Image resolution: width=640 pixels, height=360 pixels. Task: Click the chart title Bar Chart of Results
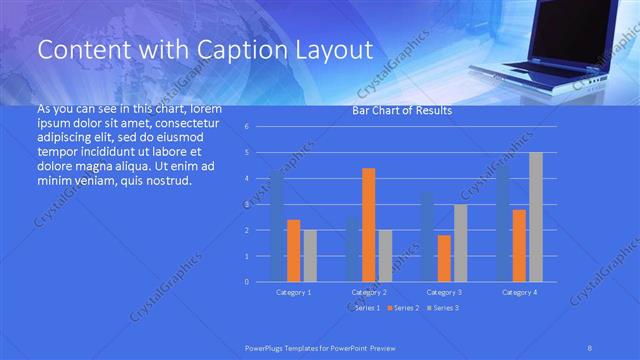pos(402,111)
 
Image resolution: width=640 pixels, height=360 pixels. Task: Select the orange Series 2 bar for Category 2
pos(368,224)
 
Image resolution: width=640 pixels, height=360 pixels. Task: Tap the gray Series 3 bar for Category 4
pos(536,216)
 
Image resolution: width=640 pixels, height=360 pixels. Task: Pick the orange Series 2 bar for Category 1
pos(293,250)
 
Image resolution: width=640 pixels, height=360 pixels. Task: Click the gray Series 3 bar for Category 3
pos(460,242)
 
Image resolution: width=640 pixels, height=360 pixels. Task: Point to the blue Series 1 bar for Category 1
pos(276,226)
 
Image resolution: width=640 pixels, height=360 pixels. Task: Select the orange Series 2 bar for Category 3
pos(443,258)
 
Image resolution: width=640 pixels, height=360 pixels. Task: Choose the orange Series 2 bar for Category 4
pos(519,245)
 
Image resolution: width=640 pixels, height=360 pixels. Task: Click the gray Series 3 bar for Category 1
pos(310,255)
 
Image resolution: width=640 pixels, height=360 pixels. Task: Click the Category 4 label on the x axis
pos(518,292)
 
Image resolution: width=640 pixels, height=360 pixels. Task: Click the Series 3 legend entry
pos(446,309)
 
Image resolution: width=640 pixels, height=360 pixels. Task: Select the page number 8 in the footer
pos(590,347)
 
